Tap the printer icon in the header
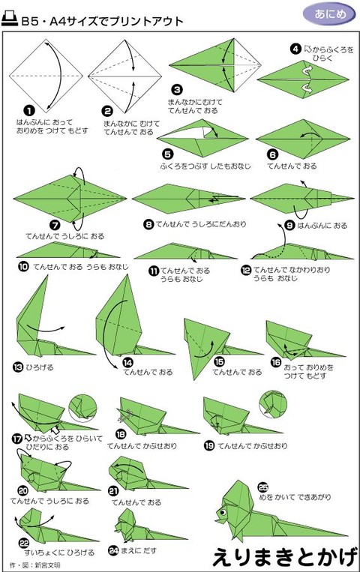click(10, 21)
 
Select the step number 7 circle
click(33, 223)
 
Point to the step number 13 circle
click(17, 367)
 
